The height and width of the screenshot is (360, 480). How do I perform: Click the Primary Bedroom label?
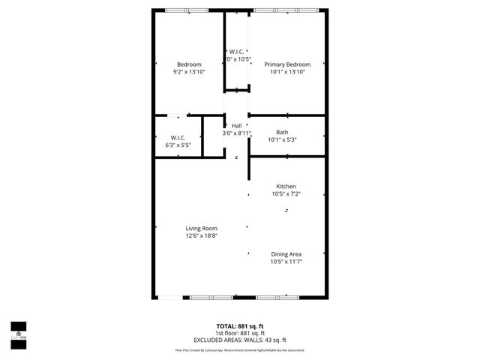(287, 64)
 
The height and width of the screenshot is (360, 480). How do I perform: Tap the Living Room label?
(202, 228)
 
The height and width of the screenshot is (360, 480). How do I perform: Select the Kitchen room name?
(286, 186)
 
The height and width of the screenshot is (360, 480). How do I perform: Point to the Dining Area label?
(286, 254)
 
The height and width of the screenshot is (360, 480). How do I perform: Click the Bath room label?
(282, 132)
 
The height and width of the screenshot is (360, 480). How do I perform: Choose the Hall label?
(237, 125)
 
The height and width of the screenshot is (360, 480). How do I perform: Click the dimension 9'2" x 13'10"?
(189, 72)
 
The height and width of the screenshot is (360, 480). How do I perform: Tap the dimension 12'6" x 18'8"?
(202, 235)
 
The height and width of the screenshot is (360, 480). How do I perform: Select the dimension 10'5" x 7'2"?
(286, 193)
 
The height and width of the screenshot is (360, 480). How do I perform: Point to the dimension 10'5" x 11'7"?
(286, 262)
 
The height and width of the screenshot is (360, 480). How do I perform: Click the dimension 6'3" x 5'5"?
(178, 145)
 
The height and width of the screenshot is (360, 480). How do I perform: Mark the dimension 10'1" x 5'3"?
(282, 139)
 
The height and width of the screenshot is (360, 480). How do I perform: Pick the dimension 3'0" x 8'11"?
(237, 133)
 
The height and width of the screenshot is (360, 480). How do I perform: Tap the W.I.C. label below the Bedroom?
(178, 137)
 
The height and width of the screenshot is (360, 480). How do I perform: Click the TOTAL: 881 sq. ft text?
(240, 326)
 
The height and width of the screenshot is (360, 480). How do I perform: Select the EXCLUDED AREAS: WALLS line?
(240, 340)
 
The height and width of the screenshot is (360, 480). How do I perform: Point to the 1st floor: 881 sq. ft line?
(240, 333)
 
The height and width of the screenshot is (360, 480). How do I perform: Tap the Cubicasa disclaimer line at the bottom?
(240, 350)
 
